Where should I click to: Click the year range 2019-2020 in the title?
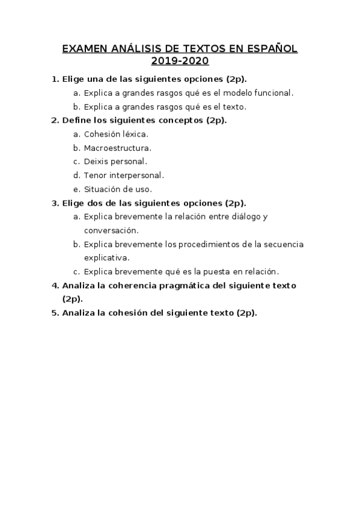(180, 61)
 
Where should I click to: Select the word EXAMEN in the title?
(84, 49)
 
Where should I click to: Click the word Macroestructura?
(117, 148)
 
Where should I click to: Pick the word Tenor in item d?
(96, 176)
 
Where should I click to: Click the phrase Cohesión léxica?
(116, 134)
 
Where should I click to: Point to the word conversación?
(111, 230)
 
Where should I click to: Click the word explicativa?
(106, 258)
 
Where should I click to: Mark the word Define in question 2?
(76, 120)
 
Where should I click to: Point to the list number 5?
(54, 313)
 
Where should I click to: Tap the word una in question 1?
(96, 79)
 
